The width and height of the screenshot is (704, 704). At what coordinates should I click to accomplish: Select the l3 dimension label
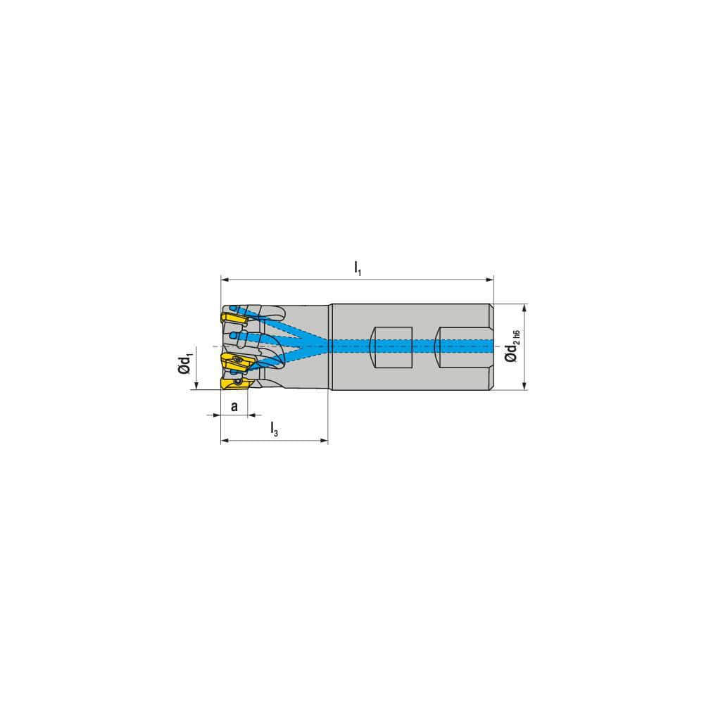pos(275,430)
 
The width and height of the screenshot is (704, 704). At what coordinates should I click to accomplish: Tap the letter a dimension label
pos(234,406)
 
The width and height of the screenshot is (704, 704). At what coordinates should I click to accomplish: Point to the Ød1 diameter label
pos(185,364)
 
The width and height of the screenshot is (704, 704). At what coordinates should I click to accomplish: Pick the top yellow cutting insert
pos(233,320)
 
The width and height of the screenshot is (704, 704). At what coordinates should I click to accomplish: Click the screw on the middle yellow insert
pos(237,360)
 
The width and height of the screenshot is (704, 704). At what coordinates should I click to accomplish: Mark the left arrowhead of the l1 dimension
pos(225,279)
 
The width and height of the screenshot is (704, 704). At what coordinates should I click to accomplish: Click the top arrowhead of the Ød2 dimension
pos(524,308)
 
